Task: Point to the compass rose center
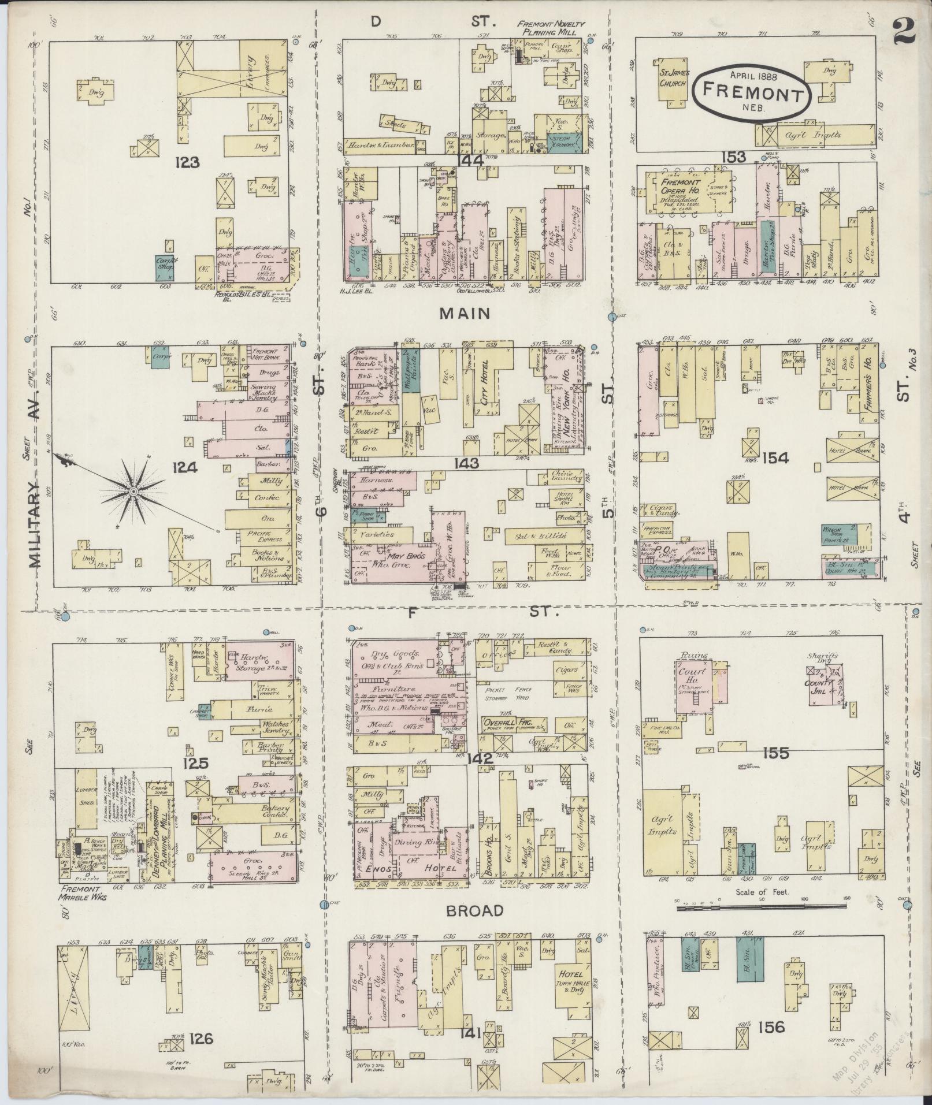point(133,490)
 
